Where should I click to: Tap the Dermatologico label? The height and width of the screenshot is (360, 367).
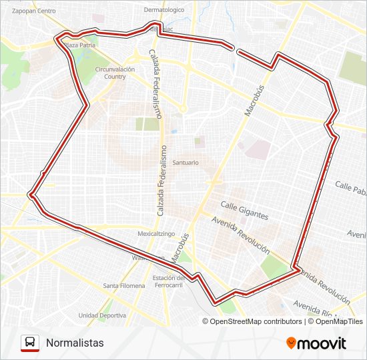click(x=163, y=10)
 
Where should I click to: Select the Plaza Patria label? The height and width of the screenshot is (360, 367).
click(x=80, y=45)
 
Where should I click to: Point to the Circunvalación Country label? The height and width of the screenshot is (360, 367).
click(x=115, y=73)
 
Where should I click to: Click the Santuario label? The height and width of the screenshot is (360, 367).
click(x=186, y=162)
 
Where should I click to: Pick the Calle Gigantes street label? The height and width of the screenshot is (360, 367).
click(x=245, y=211)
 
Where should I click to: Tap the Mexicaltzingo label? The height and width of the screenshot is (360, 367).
click(x=156, y=234)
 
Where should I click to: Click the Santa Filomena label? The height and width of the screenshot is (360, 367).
click(x=124, y=286)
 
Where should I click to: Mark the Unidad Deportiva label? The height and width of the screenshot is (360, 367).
click(x=102, y=315)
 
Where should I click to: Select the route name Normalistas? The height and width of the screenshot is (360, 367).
click(x=75, y=343)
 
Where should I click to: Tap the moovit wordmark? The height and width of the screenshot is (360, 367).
click(x=322, y=343)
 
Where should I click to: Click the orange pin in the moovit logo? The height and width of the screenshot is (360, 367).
click(x=291, y=343)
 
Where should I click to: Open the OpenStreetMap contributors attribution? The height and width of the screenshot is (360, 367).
click(x=256, y=321)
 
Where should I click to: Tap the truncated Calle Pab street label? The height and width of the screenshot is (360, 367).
click(x=350, y=187)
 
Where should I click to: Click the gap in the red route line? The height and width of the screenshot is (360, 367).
click(x=234, y=49)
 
